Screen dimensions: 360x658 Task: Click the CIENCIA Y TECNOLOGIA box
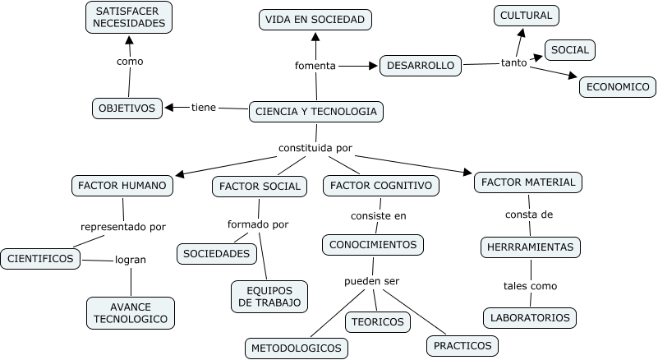tap(316, 111)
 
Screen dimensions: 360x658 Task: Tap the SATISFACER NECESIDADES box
tap(129, 17)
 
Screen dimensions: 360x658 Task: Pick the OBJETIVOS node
tap(127, 108)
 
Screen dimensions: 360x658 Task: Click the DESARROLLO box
tap(420, 66)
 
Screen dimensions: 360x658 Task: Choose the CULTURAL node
tap(527, 15)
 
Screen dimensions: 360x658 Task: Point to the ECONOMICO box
tap(617, 86)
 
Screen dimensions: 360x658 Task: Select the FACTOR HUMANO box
tap(122, 185)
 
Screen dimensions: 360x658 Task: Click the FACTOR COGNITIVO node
tap(380, 186)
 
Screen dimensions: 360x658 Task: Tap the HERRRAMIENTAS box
tap(530, 247)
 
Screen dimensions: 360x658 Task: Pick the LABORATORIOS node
tap(530, 317)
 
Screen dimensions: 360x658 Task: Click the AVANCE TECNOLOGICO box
tap(130, 312)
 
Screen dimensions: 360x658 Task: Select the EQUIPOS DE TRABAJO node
tap(269, 296)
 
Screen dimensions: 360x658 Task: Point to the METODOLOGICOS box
tap(296, 348)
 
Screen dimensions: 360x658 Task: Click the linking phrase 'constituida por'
tap(315, 149)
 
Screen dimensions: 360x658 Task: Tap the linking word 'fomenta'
tap(315, 66)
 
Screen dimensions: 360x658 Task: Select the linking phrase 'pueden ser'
tap(371, 281)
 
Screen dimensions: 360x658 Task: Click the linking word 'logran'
tap(130, 260)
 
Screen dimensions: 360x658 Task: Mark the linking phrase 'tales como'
tap(530, 286)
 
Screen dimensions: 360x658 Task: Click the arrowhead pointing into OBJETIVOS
tap(169, 107)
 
